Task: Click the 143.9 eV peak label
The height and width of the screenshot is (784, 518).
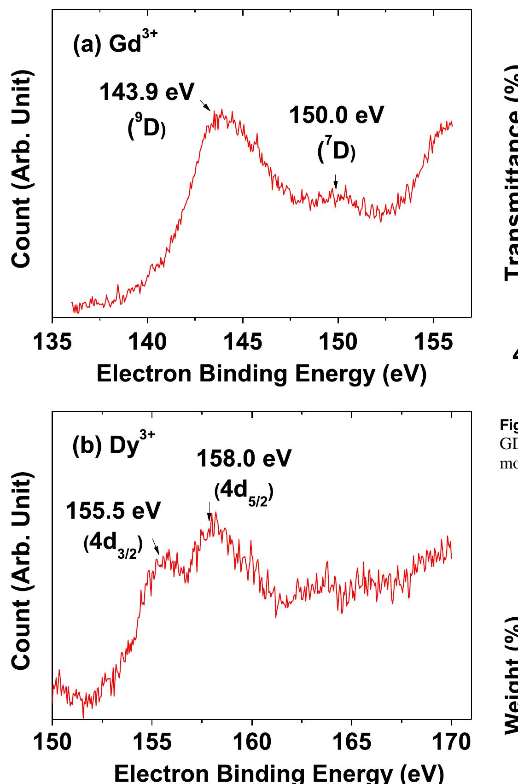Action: pos(147,93)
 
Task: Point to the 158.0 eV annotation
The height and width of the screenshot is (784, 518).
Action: pos(244,459)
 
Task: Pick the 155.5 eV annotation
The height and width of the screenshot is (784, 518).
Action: pos(113,511)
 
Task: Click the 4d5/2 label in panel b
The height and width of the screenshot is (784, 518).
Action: pos(244,492)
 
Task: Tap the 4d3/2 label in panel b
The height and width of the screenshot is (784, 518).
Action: pos(113,544)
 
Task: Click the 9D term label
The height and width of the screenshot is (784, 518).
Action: pos(146,128)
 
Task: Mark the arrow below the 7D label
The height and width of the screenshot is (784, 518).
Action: pos(336,181)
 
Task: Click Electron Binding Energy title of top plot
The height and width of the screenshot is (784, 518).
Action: pos(262,374)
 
